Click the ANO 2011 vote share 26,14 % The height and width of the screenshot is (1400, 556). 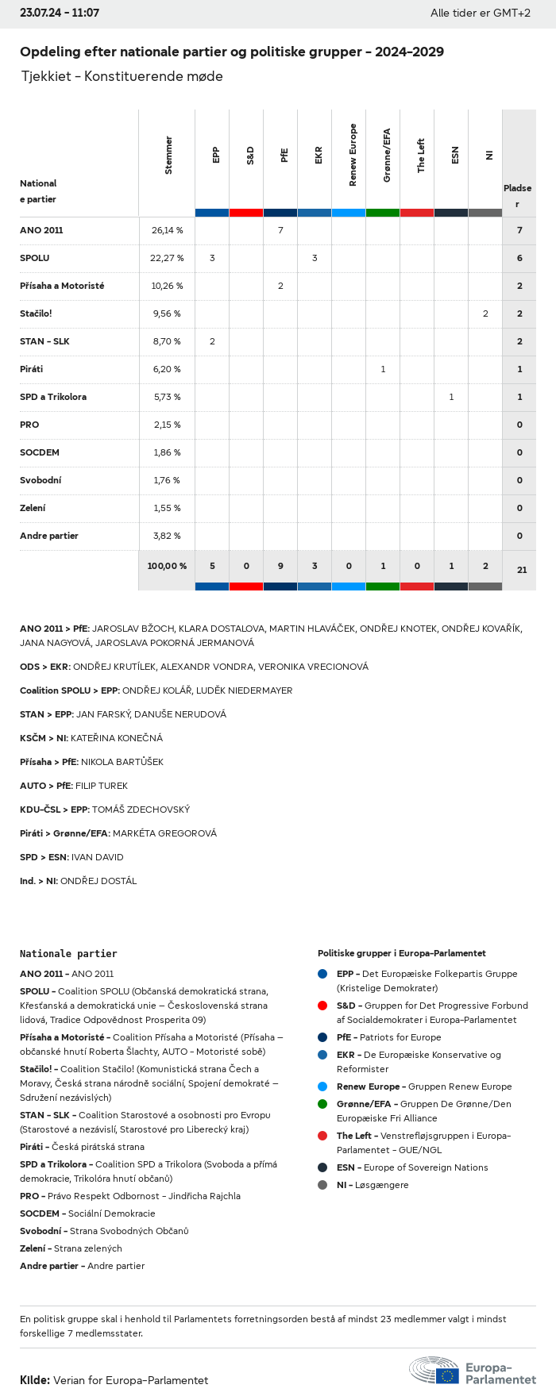[167, 230]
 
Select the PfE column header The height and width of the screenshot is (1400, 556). [284, 156]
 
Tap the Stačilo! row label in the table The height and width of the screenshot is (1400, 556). [36, 313]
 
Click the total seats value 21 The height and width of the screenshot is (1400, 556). [521, 570]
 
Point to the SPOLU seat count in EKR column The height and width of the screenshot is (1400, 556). [315, 258]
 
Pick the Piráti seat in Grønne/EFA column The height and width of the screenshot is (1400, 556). [383, 369]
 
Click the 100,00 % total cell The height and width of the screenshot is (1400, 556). [167, 566]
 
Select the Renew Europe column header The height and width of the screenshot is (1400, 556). [353, 156]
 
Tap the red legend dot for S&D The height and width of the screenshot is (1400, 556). [322, 1006]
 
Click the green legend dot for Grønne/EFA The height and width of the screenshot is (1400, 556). [322, 1104]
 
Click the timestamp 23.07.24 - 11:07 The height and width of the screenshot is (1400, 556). [60, 13]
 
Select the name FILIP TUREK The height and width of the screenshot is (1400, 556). [102, 786]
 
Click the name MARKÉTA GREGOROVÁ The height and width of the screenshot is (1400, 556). [164, 833]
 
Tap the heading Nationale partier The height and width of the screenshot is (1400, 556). [68, 953]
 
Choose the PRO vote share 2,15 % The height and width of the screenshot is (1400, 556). [167, 425]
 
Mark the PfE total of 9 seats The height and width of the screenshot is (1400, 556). [280, 566]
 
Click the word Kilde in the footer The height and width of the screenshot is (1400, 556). [35, 1380]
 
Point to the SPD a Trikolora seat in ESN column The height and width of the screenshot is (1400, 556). [451, 397]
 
